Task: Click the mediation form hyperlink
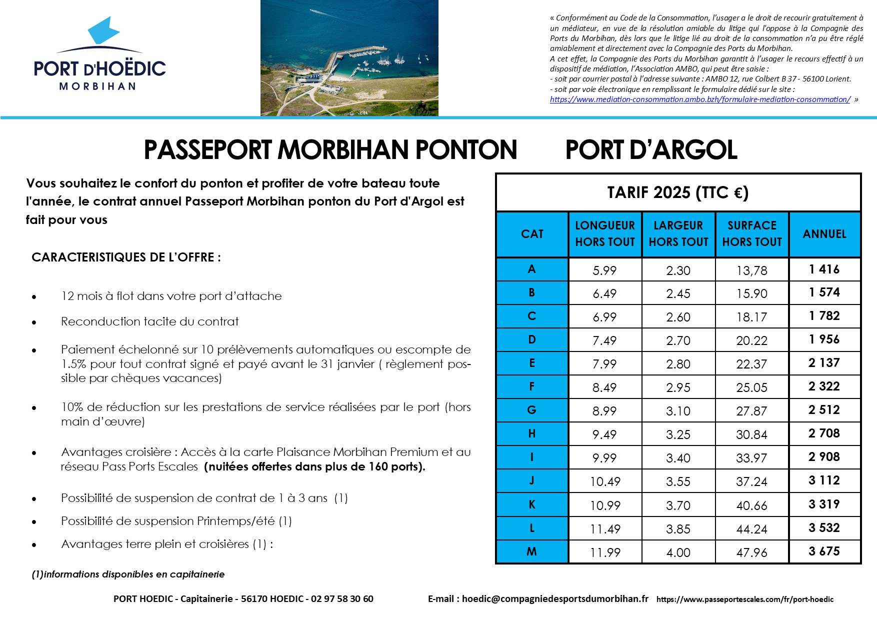click(x=700, y=99)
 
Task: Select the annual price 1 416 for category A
click(x=824, y=269)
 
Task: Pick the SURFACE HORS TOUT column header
click(x=752, y=234)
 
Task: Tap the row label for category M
click(x=531, y=551)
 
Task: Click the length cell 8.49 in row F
click(x=604, y=387)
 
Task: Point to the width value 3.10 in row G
click(x=678, y=411)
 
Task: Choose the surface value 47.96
click(x=751, y=552)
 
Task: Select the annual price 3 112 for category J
click(x=824, y=480)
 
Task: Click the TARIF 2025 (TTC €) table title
click(x=677, y=192)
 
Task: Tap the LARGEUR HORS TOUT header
click(x=678, y=234)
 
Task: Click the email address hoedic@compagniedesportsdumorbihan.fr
click(x=555, y=599)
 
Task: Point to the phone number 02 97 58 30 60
click(x=342, y=599)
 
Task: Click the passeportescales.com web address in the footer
click(x=744, y=599)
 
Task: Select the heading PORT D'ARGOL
click(x=651, y=149)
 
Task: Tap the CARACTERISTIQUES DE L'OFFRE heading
click(x=126, y=257)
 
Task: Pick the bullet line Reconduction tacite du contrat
click(x=149, y=321)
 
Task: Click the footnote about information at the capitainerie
click(x=128, y=574)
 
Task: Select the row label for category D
click(x=531, y=340)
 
